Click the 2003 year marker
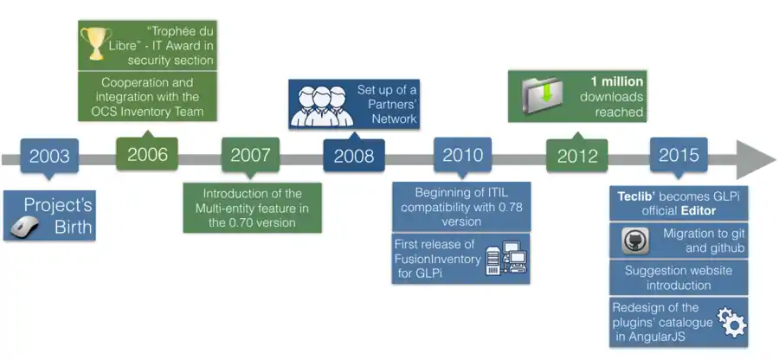click(x=49, y=157)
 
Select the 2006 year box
click(x=147, y=155)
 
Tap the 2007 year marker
click(x=250, y=157)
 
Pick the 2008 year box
click(x=353, y=157)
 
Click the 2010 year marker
click(x=462, y=156)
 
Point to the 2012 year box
click(x=577, y=157)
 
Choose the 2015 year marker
click(x=679, y=156)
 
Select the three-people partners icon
click(x=322, y=105)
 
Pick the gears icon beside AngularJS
click(x=731, y=322)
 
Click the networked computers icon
click(x=506, y=259)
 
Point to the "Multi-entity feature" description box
click(x=252, y=208)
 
